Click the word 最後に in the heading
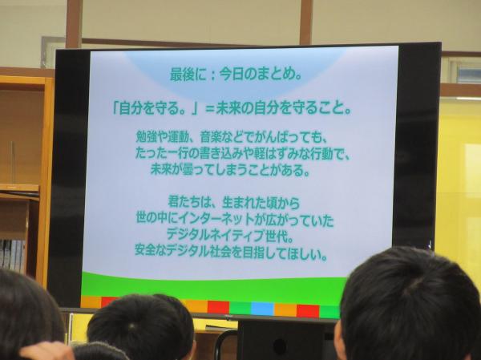point(188,75)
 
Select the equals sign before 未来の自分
point(209,109)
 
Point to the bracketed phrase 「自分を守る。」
point(155,108)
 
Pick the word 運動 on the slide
point(180,137)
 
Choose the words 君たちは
point(189,203)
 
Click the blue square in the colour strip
point(262,309)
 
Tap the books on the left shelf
point(12,255)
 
